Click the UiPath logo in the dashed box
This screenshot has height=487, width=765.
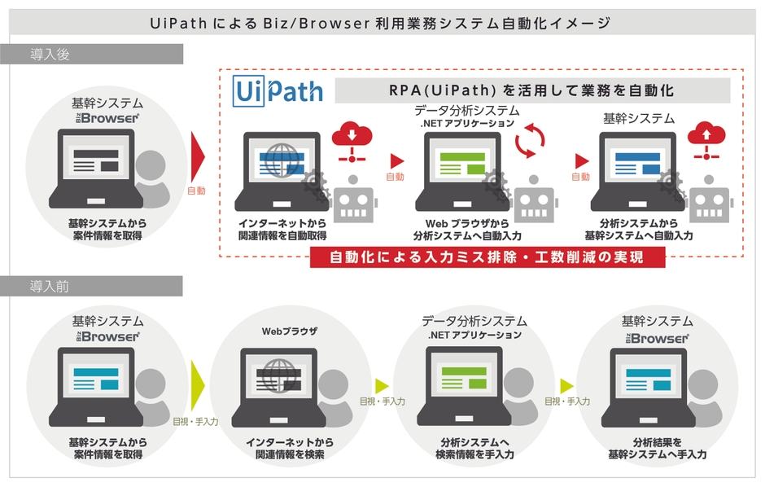[278, 90]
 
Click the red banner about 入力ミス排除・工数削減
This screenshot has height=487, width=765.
[487, 258]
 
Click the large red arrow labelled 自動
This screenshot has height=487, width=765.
[197, 154]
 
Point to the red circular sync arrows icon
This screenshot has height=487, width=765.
[531, 139]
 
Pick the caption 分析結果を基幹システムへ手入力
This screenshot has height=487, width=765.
[657, 448]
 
